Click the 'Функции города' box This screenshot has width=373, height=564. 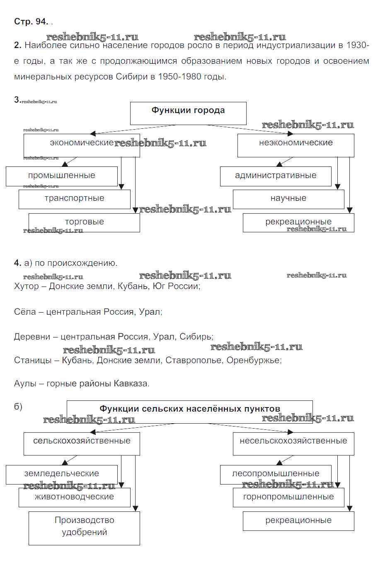pyautogui.click(x=188, y=113)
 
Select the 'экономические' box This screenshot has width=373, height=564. pyautogui.click(x=82, y=145)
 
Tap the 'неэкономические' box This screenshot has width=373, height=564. pyautogui.click(x=295, y=145)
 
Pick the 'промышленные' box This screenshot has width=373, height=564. pyautogui.click(x=62, y=176)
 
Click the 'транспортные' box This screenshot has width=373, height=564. pyautogui.click(x=75, y=199)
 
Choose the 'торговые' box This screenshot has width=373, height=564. pyautogui.click(x=84, y=222)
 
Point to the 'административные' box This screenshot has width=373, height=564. pyautogui.click(x=276, y=176)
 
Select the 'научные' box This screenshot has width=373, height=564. pyautogui.click(x=288, y=199)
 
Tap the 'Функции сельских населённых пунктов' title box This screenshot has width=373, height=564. pyautogui.click(x=189, y=411)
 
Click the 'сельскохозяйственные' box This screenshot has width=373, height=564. pyautogui.click(x=82, y=443)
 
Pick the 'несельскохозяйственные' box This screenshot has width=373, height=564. pyautogui.click(x=293, y=443)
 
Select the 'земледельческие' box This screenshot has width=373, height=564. pyautogui.click(x=62, y=474)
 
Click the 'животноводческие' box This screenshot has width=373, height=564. pyautogui.click(x=75, y=497)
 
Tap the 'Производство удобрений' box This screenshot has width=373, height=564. pyautogui.click(x=84, y=528)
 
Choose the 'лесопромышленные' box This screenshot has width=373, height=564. pyautogui.click(x=276, y=474)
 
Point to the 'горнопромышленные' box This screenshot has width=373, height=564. pyautogui.click(x=288, y=497)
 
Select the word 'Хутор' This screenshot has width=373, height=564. pyautogui.click(x=27, y=286)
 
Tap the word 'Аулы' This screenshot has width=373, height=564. pyautogui.click(x=25, y=383)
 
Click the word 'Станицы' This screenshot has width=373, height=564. pyautogui.click(x=33, y=360)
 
